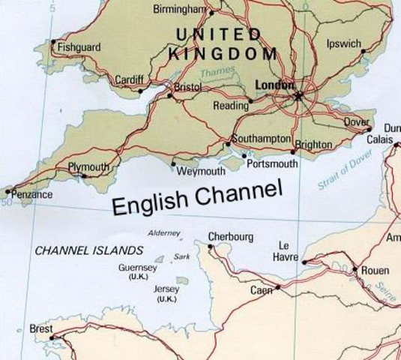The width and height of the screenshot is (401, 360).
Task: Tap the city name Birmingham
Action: [179, 9]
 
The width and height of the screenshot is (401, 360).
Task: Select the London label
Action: [274, 85]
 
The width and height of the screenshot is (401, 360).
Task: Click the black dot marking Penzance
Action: [8, 190]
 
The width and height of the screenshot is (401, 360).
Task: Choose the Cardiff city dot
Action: [140, 91]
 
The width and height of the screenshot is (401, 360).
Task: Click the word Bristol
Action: [187, 88]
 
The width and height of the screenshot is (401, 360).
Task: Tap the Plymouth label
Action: [88, 166]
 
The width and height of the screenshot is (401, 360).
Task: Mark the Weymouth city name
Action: [201, 172]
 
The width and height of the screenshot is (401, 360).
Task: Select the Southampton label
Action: [261, 139]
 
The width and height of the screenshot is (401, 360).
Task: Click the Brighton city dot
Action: [293, 152]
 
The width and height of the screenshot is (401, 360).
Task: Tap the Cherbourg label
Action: [231, 237]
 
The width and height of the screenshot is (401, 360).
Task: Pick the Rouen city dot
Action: [355, 269]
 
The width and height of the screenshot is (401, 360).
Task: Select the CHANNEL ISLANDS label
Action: [89, 250]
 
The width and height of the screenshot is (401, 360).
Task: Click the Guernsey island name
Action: [138, 268]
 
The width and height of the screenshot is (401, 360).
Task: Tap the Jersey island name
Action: [166, 289]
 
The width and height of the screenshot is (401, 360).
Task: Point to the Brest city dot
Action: [52, 337]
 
